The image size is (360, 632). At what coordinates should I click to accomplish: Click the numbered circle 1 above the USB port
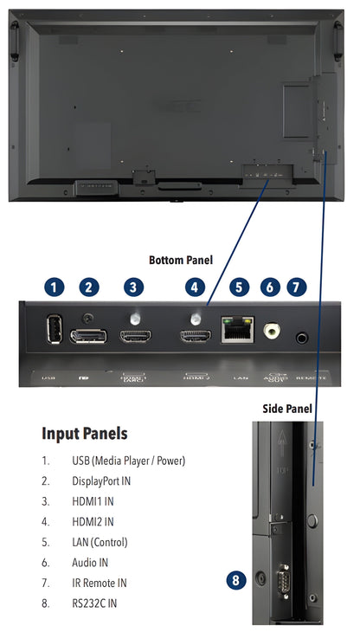pyautogui.click(x=54, y=287)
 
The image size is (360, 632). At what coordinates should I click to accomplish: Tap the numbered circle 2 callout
pyautogui.click(x=89, y=287)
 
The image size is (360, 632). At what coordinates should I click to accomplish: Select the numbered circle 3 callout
pyautogui.click(x=132, y=287)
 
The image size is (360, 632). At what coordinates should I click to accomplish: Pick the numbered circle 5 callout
pyautogui.click(x=237, y=287)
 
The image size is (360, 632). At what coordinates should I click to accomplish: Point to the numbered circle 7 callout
pyautogui.click(x=297, y=287)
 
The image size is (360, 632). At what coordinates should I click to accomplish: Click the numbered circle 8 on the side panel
pyautogui.click(x=236, y=580)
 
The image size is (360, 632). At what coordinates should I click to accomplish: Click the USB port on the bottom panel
pyautogui.click(x=54, y=331)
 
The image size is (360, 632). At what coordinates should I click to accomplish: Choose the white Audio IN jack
pyautogui.click(x=273, y=330)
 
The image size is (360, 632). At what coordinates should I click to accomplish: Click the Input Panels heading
pyautogui.click(x=84, y=433)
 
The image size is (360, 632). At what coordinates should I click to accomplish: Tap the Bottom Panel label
pyautogui.click(x=180, y=260)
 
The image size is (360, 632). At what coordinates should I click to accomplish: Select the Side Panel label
pyautogui.click(x=287, y=408)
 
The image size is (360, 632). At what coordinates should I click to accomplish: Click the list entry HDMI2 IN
pyautogui.click(x=93, y=521)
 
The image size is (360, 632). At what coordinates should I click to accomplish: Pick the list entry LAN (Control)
pyautogui.click(x=100, y=542)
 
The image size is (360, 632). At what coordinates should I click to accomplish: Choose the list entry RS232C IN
pyautogui.click(x=94, y=602)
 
